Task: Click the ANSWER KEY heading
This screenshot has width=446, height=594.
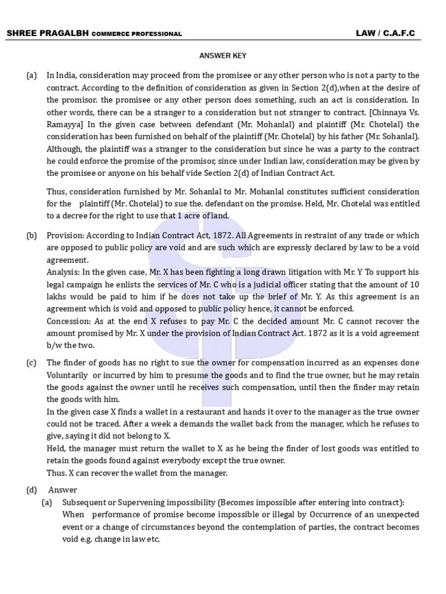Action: pyautogui.click(x=223, y=56)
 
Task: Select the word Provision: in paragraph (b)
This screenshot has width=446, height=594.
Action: pyautogui.click(x=65, y=236)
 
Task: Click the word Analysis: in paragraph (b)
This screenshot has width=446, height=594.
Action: pyautogui.click(x=63, y=273)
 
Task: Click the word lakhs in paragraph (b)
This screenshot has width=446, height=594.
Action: pyautogui.click(x=56, y=297)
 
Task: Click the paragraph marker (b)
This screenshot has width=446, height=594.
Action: pyautogui.click(x=31, y=236)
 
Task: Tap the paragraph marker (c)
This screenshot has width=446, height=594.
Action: pyautogui.click(x=31, y=363)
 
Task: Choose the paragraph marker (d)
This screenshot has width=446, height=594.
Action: pyautogui.click(x=31, y=490)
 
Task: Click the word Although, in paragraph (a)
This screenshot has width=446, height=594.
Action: pyautogui.click(x=65, y=148)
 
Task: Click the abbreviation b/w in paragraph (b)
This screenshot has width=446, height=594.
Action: pyautogui.click(x=53, y=346)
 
